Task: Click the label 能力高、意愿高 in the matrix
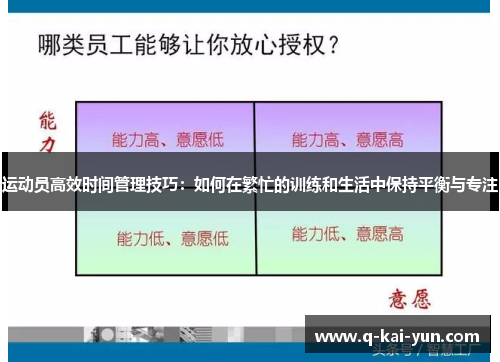click(347, 139)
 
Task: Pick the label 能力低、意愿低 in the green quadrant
click(172, 238)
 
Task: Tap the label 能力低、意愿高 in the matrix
click(347, 235)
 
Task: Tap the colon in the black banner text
click(184, 184)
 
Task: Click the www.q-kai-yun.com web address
click(397, 336)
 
